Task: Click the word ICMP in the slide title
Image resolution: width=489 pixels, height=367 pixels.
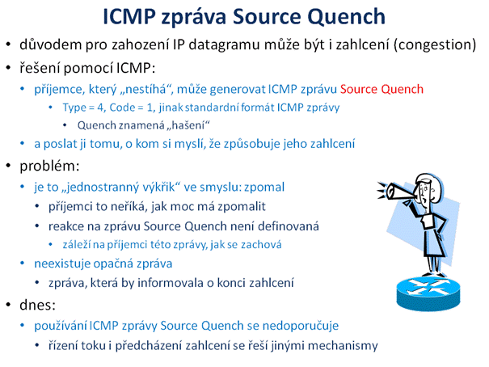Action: tap(129, 16)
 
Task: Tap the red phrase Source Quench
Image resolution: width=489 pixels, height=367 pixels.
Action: tap(382, 89)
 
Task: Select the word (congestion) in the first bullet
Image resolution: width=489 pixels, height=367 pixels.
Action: tap(435, 44)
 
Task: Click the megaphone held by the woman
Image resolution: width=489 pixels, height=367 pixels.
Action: tap(396, 190)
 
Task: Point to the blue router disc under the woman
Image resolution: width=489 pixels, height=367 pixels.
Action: tap(428, 293)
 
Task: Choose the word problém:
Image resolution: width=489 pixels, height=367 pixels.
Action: tap(49, 166)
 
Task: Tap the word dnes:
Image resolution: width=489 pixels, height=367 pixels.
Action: tap(37, 305)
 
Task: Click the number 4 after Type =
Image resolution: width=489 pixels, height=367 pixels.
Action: tap(99, 108)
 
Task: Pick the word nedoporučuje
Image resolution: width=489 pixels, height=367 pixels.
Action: tap(301, 326)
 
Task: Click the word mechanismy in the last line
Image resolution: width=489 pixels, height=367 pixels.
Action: tap(343, 346)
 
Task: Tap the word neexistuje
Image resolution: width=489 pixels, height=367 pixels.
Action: tap(61, 264)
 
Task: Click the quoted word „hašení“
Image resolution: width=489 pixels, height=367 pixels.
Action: tap(188, 125)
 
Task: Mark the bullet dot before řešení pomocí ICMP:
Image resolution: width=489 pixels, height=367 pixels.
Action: tap(8, 68)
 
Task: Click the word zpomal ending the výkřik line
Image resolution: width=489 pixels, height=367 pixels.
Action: tap(264, 188)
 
